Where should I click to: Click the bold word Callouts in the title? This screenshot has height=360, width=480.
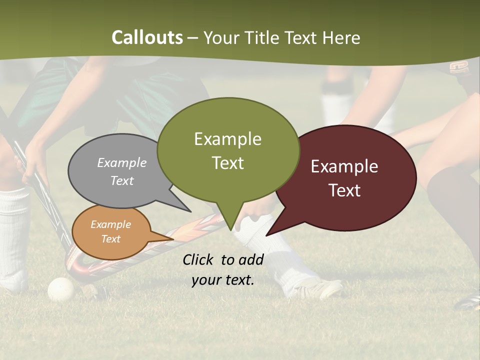click(147, 37)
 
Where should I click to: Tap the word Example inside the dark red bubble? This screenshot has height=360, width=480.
click(344, 166)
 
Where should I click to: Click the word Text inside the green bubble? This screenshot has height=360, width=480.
click(227, 163)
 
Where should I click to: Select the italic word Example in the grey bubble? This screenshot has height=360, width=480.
click(121, 163)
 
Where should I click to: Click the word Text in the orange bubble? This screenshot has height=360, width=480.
click(110, 239)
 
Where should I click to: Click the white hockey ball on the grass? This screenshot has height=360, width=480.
click(60, 289)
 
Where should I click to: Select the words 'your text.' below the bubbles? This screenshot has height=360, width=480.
click(223, 280)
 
